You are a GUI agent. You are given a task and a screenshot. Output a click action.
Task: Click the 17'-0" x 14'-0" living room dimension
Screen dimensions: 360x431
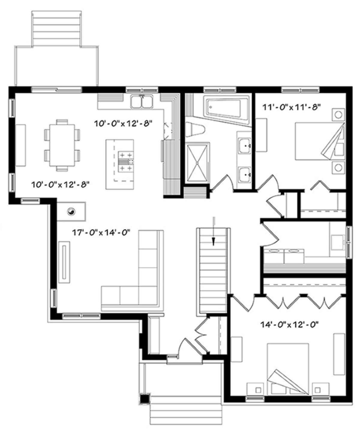pyautogui.click(x=101, y=233)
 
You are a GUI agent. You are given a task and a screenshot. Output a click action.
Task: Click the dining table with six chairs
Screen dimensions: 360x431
pyautogui.click(x=62, y=145)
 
